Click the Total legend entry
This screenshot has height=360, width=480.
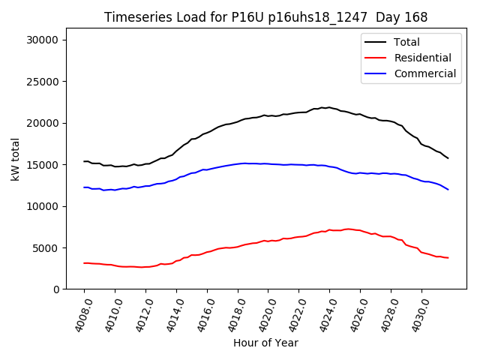pyautogui.click(x=406, y=42)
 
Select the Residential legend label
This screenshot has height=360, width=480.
pyautogui.click(x=422, y=58)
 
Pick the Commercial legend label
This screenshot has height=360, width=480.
pyautogui.click(x=424, y=73)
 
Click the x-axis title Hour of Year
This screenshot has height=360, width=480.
pyautogui.click(x=265, y=343)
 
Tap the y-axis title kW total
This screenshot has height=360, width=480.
pyautogui.click(x=15, y=164)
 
